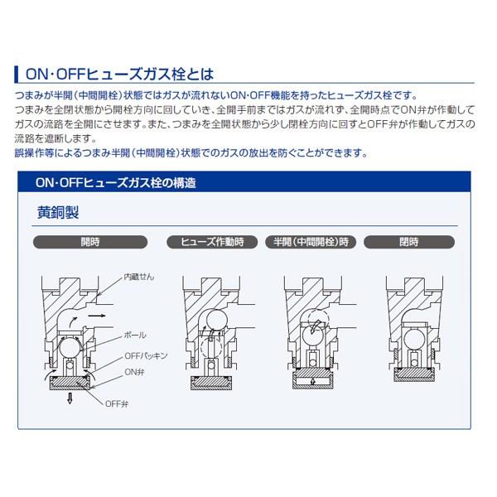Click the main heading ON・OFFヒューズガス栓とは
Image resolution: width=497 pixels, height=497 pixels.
tap(119, 75)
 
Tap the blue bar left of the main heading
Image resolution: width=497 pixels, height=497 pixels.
tap(17, 75)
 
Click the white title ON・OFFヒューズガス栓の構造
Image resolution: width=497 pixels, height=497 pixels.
tap(116, 183)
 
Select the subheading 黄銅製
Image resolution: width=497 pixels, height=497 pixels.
tap(58, 212)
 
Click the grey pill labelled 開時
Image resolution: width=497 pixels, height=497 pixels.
tap(90, 242)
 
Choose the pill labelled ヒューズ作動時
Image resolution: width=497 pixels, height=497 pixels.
tap(212, 242)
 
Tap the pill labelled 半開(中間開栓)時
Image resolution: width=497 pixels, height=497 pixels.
tap(311, 242)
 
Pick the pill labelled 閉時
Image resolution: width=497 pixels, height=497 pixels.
tap(409, 242)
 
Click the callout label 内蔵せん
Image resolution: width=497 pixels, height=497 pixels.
tap(139, 277)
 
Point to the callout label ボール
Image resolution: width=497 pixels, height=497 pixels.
tap(135, 335)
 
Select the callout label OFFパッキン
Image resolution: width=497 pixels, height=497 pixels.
tap(146, 356)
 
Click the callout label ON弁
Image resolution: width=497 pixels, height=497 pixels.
tap(135, 372)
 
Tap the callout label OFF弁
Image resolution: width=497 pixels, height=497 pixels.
tap(117, 404)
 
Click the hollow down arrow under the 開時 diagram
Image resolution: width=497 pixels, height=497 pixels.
tap(70, 398)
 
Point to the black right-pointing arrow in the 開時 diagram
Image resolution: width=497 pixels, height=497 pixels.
tap(97, 316)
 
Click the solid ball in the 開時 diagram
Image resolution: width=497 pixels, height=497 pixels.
tap(70, 348)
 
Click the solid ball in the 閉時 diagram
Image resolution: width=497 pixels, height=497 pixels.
tap(415, 340)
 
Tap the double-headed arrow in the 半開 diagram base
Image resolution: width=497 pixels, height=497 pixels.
tap(313, 381)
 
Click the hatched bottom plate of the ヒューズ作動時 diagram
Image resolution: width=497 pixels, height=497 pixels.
tap(211, 384)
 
